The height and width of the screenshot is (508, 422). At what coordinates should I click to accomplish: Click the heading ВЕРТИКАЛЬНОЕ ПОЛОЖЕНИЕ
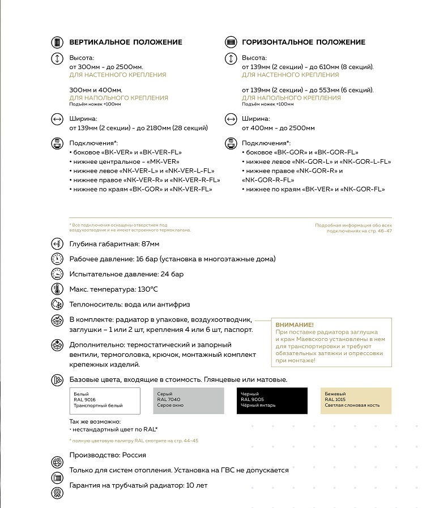coord(125,42)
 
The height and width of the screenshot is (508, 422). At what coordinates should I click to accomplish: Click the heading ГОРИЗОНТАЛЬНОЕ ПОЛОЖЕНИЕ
coord(303,42)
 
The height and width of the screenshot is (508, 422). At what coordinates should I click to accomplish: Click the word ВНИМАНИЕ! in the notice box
coord(294,325)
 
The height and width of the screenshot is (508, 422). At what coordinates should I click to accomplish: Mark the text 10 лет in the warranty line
coord(197,485)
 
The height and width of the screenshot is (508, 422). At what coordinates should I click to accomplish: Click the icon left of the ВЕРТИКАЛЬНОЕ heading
coord(57,42)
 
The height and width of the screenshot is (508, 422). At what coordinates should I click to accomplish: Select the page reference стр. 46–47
coord(380,232)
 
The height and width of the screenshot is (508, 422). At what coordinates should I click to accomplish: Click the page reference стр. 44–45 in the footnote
coord(186,441)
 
